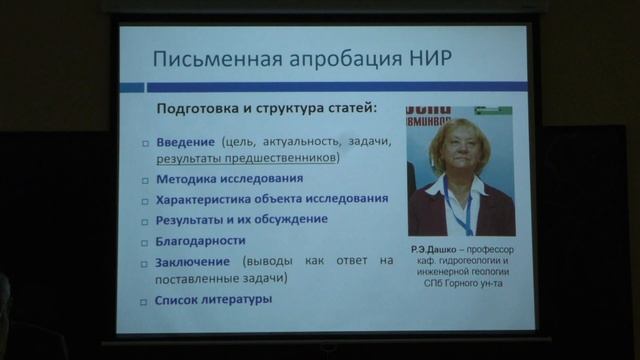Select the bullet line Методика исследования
[229, 179]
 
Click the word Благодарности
[200, 240]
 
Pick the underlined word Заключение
[192, 261]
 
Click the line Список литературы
[213, 299]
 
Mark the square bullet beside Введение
[145, 142]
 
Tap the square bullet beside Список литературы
[145, 300]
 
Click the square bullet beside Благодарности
[145, 241]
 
